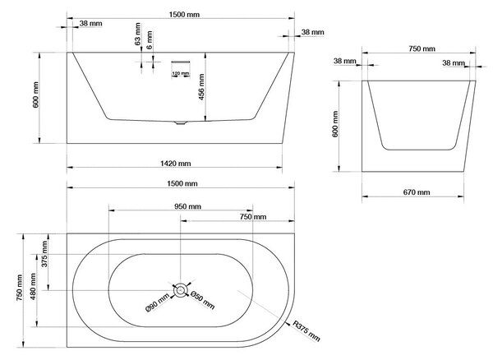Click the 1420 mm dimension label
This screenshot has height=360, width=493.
176,164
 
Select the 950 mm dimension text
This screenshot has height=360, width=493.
187,206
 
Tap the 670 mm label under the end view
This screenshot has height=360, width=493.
417,192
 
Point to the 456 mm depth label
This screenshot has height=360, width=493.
201,87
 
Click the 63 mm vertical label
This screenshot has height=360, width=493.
138,34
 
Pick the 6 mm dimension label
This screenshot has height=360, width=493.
150,39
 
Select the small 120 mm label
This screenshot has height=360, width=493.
181,74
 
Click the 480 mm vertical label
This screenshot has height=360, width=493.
33,286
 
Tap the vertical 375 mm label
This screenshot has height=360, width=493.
44,254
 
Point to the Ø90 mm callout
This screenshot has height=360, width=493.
158,304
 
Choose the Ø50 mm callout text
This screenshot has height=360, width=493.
203,301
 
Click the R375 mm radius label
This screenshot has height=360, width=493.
306,331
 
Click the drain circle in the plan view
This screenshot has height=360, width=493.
180,290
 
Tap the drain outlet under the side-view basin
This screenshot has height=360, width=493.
180,122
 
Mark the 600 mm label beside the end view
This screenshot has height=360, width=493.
335,124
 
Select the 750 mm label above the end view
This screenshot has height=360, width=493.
422,48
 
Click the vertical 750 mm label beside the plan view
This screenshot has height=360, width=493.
20,288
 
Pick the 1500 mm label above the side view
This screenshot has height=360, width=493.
184,15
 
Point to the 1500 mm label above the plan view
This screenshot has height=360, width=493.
182,183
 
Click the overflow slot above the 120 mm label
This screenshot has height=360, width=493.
181,62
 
